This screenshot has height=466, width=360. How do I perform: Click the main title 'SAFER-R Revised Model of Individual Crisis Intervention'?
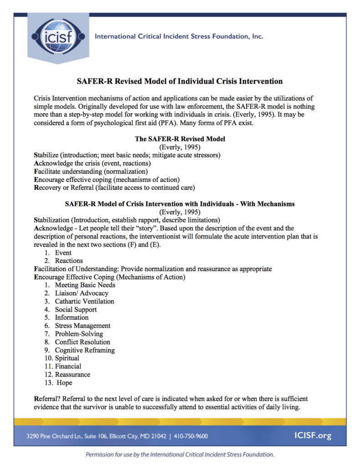click(x=180, y=81)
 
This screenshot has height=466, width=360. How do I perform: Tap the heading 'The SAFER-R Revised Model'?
click(x=180, y=139)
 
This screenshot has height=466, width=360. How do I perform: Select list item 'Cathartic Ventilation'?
click(x=84, y=301)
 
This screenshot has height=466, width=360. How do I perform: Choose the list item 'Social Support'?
click(x=76, y=309)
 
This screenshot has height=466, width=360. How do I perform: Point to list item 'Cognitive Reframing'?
click(x=85, y=350)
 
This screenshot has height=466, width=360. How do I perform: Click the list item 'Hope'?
click(x=63, y=383)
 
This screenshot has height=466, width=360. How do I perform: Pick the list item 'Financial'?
click(x=68, y=366)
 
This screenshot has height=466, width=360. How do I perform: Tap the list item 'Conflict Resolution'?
click(x=82, y=342)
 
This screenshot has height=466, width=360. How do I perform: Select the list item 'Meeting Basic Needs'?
click(x=85, y=285)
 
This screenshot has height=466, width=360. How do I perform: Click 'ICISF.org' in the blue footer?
click(x=313, y=436)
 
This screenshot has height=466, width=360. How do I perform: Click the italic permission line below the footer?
click(x=180, y=454)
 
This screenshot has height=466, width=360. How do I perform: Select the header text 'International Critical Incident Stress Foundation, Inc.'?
click(x=178, y=36)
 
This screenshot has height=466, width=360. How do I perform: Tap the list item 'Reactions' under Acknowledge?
click(x=69, y=261)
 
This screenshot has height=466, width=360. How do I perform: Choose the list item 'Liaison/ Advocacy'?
click(x=81, y=293)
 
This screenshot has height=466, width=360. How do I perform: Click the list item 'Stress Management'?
click(x=82, y=326)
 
